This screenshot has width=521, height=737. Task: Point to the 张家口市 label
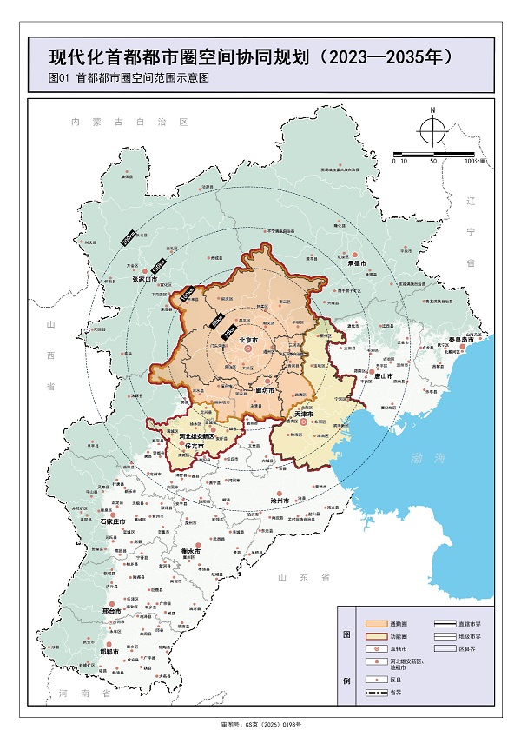click(144, 279)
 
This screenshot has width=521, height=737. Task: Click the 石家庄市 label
click(113, 521)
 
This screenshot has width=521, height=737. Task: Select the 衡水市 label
click(191, 551)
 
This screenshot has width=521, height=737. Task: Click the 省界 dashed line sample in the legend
click(376, 692)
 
